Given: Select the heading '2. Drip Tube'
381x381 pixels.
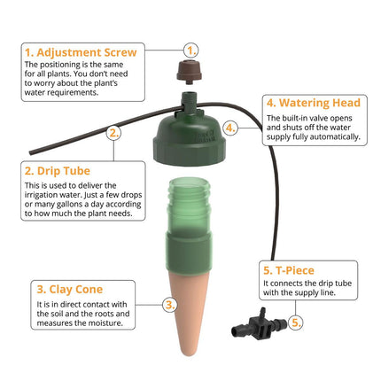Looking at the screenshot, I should pos(59,170).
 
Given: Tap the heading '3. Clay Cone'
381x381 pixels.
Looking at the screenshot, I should pos(69,289).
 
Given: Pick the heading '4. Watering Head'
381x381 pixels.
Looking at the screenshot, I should pos(306,102).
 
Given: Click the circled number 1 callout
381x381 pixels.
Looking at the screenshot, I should pos(192,51).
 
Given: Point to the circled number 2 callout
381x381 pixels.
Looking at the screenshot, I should pos(113,134).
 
